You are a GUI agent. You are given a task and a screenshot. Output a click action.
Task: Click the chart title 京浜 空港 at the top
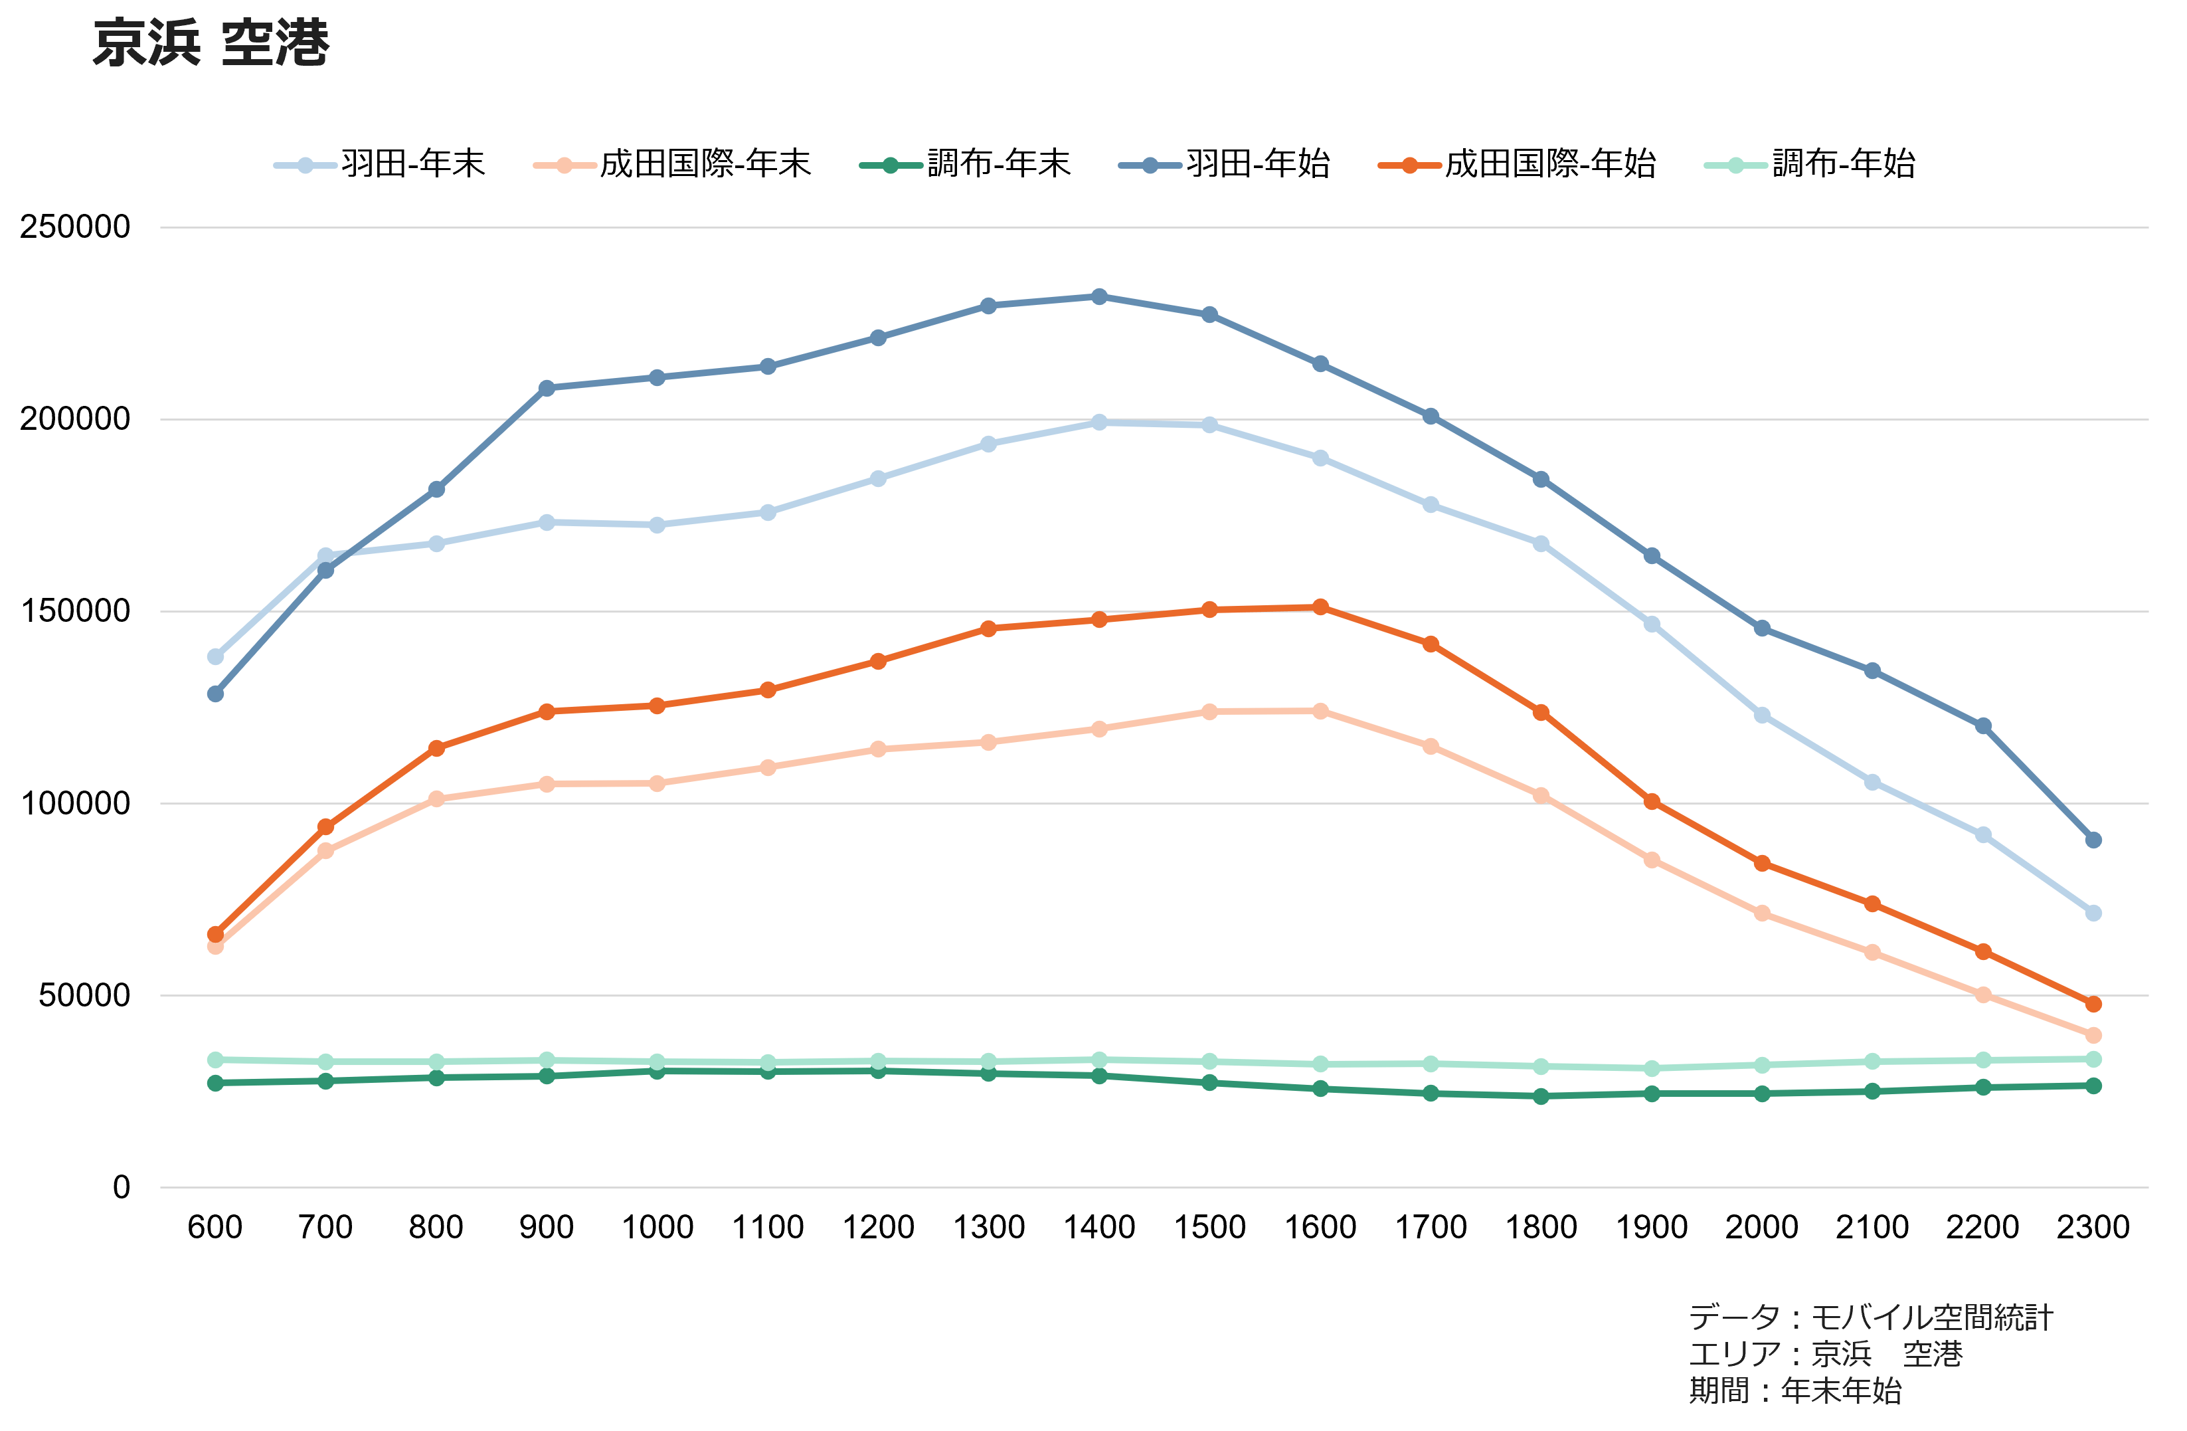click(x=211, y=43)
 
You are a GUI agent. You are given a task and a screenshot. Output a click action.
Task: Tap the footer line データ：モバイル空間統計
click(x=1870, y=1317)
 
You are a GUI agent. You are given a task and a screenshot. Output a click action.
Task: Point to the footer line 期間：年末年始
click(x=1794, y=1390)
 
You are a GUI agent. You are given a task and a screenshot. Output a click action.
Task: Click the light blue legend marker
click(x=305, y=165)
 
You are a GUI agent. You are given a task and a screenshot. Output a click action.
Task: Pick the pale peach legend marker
click(x=565, y=165)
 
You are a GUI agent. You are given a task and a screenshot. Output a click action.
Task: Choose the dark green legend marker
click(x=889, y=165)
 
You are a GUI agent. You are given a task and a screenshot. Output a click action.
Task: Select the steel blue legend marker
click(x=1150, y=165)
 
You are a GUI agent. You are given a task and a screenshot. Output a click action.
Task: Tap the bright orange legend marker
click(x=1409, y=165)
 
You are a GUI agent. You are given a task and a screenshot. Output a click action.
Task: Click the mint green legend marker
click(x=1735, y=165)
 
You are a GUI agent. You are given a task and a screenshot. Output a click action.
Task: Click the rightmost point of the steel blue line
click(x=2093, y=840)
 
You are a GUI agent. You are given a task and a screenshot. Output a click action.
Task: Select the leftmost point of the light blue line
click(x=215, y=656)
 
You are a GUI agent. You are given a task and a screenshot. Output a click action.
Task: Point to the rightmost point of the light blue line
click(x=2093, y=913)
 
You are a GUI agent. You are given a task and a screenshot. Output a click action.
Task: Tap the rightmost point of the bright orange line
click(x=2093, y=1004)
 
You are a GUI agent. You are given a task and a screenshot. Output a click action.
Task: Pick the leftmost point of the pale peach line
click(x=215, y=947)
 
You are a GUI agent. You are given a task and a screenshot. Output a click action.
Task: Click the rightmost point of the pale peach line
click(x=2093, y=1036)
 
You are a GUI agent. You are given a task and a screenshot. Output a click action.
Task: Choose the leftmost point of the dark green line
click(x=215, y=1084)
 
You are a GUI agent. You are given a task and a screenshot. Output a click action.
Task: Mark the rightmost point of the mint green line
click(x=2093, y=1060)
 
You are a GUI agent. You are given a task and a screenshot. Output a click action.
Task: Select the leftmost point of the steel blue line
click(x=215, y=694)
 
